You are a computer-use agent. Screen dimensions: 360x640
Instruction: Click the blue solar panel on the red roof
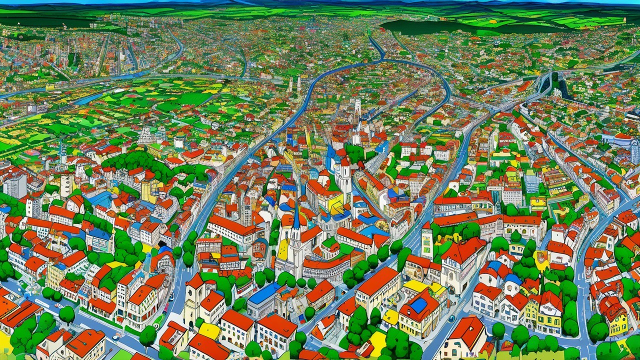point(418,305)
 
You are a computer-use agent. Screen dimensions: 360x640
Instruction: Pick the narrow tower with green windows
point(426,242)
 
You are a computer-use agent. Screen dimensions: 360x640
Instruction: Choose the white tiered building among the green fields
point(146,134)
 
